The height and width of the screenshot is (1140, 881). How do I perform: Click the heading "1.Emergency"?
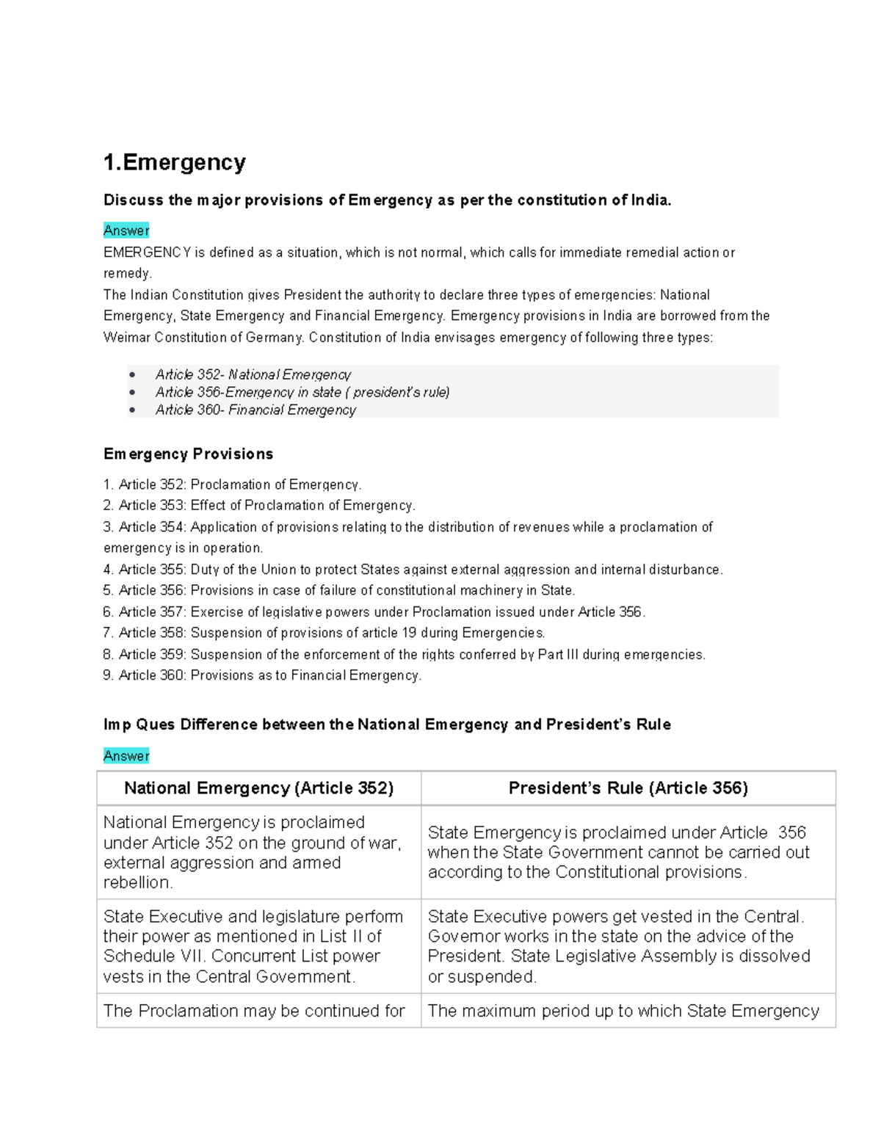175,162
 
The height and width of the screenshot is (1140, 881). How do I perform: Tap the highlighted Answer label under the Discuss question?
126,230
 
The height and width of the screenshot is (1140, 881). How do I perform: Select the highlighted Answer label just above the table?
126,756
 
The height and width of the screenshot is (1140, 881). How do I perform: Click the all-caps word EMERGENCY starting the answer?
147,253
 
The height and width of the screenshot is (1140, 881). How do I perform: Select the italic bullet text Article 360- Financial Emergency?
255,410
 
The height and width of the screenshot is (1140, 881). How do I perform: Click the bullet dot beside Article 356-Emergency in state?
132,393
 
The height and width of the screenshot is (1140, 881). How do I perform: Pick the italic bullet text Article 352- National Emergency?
253,374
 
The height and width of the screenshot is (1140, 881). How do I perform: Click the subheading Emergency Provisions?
188,454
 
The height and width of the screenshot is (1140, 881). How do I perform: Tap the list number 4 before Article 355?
108,570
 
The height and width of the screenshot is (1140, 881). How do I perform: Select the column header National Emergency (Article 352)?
258,788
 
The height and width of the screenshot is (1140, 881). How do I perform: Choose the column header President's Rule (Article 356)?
628,788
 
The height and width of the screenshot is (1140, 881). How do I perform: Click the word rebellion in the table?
137,883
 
